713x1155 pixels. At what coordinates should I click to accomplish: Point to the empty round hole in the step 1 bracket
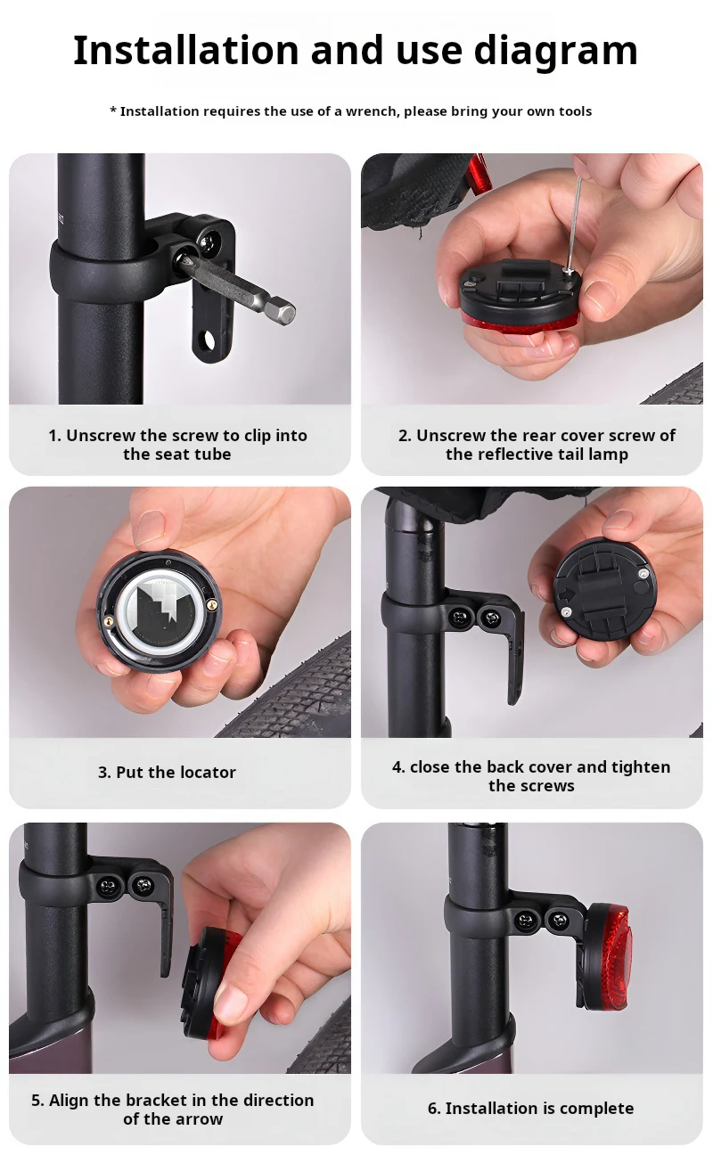click(x=209, y=340)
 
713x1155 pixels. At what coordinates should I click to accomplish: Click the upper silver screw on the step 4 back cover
click(x=643, y=573)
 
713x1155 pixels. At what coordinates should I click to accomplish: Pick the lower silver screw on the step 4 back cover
click(x=566, y=611)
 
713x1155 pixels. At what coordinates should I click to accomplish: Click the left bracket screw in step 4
click(x=458, y=617)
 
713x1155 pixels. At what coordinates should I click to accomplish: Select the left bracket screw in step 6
click(x=526, y=920)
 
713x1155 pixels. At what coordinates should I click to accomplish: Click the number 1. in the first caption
click(x=54, y=436)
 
